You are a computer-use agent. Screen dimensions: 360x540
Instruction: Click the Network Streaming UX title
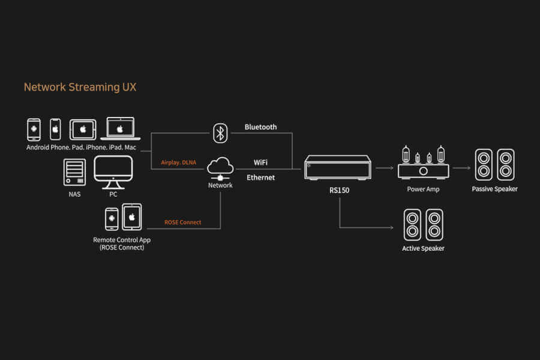coord(80,87)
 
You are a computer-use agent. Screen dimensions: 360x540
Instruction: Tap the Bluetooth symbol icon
coord(220,133)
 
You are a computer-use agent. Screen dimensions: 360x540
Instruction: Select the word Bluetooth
coord(260,127)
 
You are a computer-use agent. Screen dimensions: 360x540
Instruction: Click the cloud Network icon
coord(220,166)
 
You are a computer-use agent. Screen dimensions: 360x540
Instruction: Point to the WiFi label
coord(260,163)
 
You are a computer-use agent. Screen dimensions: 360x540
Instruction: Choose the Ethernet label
coord(260,178)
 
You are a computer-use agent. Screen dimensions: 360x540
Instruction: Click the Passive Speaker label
coord(494,189)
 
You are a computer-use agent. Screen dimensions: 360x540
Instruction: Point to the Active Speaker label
coord(423,248)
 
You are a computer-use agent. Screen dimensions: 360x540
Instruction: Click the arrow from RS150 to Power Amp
coord(384,169)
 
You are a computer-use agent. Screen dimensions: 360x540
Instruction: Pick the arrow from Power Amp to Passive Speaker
coord(461,169)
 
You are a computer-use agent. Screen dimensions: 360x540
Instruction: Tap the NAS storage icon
coord(74,172)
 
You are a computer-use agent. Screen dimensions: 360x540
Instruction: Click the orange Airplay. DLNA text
coord(178,163)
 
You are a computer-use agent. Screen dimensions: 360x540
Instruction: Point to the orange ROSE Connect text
coord(183,223)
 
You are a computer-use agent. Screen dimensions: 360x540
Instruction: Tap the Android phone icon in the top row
coord(34,129)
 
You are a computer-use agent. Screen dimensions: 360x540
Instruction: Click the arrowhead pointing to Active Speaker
coord(392,228)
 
